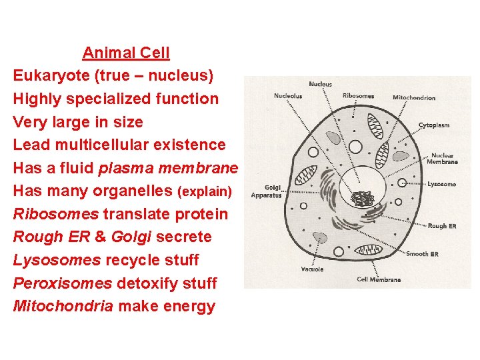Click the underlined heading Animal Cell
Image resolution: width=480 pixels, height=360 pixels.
click(126, 53)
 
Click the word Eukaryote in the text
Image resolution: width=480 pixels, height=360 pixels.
click(52, 76)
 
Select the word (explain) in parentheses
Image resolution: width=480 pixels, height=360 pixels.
click(205, 192)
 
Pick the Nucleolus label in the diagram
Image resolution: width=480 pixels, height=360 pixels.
click(288, 96)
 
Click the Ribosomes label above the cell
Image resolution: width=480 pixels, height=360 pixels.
click(358, 96)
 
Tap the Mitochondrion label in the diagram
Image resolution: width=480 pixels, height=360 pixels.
click(414, 98)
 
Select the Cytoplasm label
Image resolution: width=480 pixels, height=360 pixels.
click(434, 125)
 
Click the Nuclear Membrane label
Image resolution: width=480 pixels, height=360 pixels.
click(443, 159)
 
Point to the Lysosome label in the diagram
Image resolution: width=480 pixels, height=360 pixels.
click(442, 183)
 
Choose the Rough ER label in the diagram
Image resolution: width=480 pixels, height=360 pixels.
click(442, 226)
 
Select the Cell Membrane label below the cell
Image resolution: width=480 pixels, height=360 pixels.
click(379, 279)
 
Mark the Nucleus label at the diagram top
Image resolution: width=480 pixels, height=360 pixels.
click(320, 84)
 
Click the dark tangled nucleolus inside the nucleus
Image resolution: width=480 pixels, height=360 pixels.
click(363, 198)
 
